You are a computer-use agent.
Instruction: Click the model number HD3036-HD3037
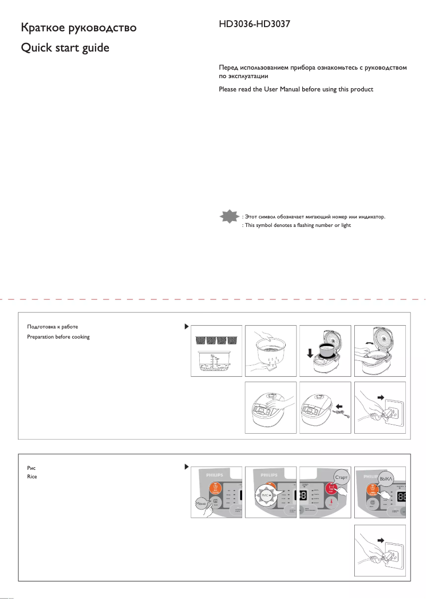(x=254, y=25)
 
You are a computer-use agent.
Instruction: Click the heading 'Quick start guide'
(x=64, y=48)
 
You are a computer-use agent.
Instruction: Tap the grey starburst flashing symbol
(x=229, y=217)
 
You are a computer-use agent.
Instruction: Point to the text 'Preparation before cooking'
(x=58, y=337)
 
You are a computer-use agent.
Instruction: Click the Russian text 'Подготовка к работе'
(x=53, y=326)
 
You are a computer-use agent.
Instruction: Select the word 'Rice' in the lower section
(x=32, y=477)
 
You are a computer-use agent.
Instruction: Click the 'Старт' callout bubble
(x=341, y=477)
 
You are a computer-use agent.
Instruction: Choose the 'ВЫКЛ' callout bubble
(x=387, y=479)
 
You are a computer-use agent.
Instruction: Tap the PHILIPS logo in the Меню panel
(x=216, y=473)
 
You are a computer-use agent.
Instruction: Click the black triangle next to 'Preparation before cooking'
(x=186, y=326)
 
